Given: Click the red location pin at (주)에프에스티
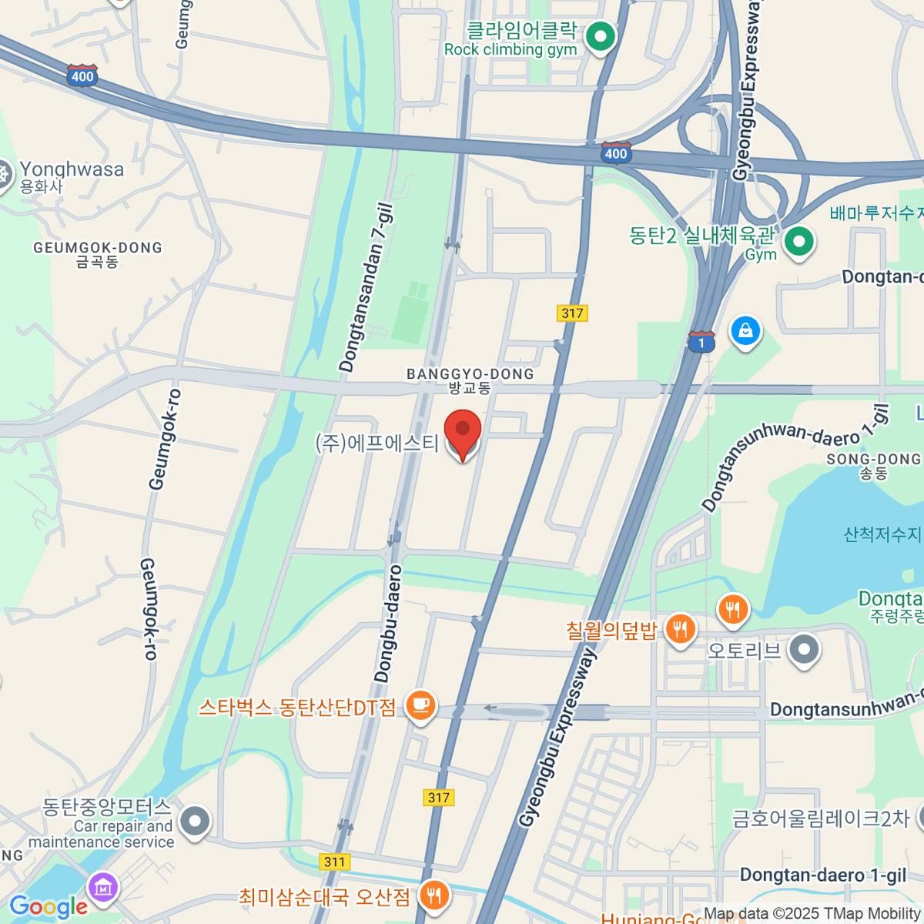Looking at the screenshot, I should click(x=463, y=434).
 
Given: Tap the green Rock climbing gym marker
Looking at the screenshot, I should click(x=601, y=36).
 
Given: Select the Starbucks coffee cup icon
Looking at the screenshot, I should click(x=420, y=705).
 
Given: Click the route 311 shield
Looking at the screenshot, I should click(x=334, y=862).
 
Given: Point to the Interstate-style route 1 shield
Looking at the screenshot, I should click(x=701, y=342).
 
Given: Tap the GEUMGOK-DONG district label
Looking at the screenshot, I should click(x=98, y=248).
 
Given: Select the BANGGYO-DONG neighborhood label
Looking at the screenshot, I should click(x=470, y=374).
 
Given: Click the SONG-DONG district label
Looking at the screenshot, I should click(x=873, y=460).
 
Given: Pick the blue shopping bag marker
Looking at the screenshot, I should click(x=745, y=332).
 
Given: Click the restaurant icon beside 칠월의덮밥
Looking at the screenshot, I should click(x=679, y=630).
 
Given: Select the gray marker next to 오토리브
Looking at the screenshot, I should click(x=805, y=650).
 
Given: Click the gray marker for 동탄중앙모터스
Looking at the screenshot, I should click(x=195, y=822).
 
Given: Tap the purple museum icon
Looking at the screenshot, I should click(x=103, y=888).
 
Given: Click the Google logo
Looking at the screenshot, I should click(x=48, y=907).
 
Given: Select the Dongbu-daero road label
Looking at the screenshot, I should click(x=388, y=624).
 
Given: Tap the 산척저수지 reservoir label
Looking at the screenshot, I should click(x=882, y=534).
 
